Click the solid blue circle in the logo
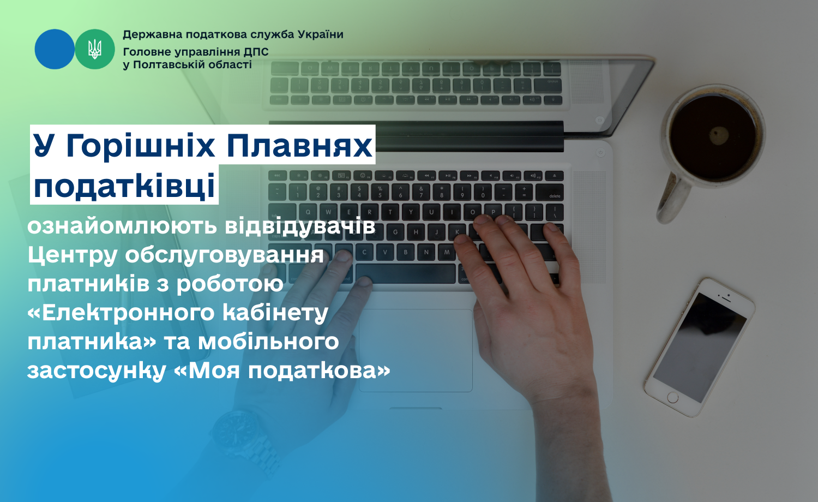[55, 49]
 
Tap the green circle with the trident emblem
[95, 49]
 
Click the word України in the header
[321, 35]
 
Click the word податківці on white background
[124, 185]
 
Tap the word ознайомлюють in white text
[122, 226]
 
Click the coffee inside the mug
[713, 138]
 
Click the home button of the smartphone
[672, 397]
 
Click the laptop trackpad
[416, 350]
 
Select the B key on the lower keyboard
[405, 252]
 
